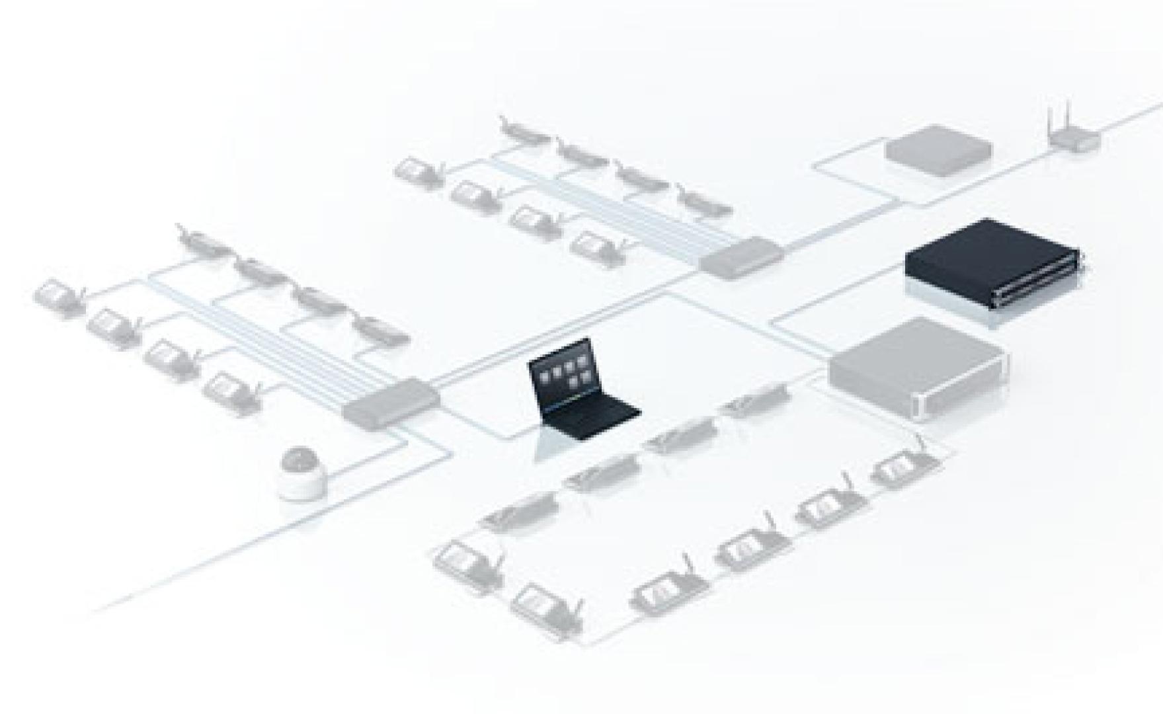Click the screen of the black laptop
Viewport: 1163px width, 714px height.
[559, 377]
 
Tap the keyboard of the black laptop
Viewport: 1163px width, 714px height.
[594, 413]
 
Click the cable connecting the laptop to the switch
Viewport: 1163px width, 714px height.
[489, 433]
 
